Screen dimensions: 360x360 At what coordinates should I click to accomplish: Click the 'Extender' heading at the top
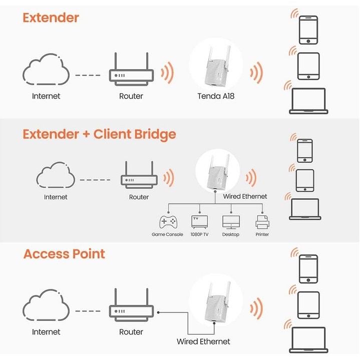(51, 18)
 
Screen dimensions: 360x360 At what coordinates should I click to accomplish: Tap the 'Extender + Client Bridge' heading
(99, 134)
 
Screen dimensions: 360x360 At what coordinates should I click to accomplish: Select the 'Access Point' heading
(64, 254)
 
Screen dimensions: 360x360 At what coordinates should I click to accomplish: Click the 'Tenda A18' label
(216, 96)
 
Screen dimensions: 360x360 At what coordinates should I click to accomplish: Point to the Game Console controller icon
(167, 221)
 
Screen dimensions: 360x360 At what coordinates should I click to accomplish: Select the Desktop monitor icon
(230, 221)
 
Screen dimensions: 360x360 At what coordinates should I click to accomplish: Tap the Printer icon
(262, 221)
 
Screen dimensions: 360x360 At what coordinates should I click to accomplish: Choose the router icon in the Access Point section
(131, 308)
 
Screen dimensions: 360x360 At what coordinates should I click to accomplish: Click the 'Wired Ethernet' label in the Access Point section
(203, 341)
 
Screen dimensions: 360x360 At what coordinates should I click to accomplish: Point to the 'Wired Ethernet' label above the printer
(245, 196)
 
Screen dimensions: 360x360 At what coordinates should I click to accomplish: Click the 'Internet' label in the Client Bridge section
(56, 197)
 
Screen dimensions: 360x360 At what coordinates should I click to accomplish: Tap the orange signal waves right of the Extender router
(167, 73)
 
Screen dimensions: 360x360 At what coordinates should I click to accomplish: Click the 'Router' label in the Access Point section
(131, 332)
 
